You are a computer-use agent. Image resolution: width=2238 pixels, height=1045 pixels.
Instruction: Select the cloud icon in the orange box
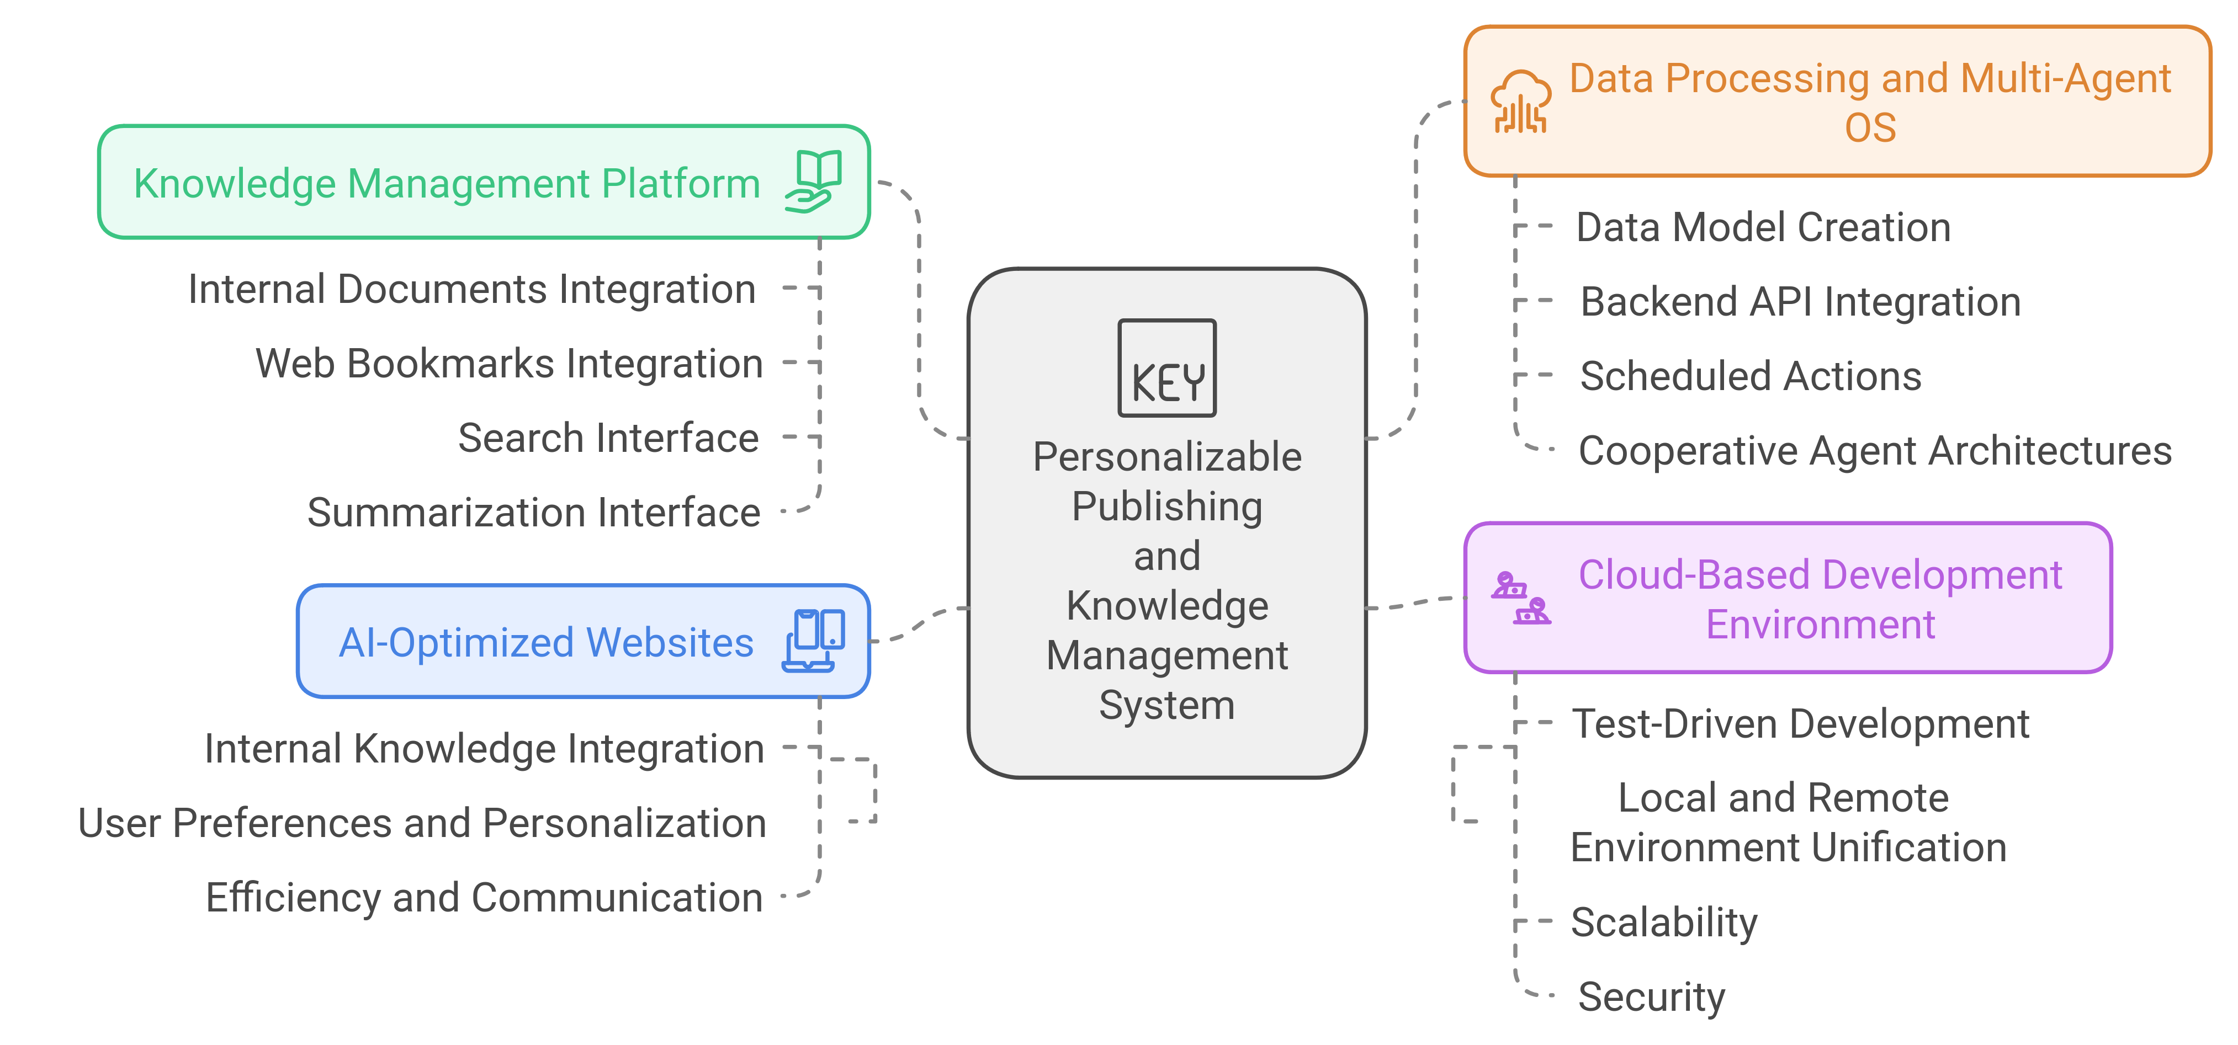tap(1520, 102)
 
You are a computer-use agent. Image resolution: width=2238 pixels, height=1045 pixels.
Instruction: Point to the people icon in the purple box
tap(1520, 598)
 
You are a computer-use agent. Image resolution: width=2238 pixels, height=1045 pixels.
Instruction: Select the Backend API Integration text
tap(1800, 302)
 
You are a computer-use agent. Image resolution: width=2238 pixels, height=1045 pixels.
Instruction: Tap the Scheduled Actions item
tap(1750, 376)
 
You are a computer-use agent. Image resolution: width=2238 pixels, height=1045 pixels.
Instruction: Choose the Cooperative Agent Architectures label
tap(1875, 451)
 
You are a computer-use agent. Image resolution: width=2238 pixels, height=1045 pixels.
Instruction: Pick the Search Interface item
tap(608, 438)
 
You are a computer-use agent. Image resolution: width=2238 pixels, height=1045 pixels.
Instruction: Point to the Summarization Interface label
tap(533, 513)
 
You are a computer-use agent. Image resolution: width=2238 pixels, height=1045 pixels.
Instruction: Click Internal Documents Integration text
tap(472, 289)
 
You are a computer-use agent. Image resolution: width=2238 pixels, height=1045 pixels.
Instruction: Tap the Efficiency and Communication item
tap(484, 897)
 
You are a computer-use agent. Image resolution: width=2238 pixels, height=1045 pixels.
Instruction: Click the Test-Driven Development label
tap(1800, 723)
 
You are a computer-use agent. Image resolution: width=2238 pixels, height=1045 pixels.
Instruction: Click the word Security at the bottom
tap(1651, 996)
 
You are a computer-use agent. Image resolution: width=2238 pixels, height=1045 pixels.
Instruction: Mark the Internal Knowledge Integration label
tap(484, 749)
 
